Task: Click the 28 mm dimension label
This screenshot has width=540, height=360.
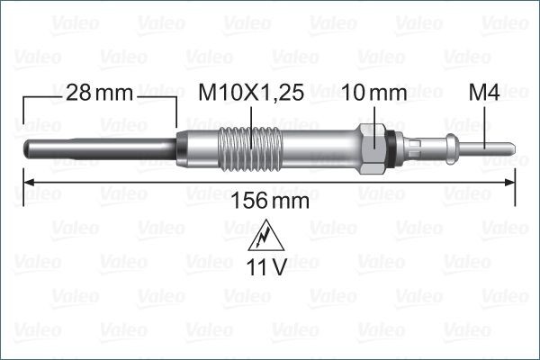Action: point(99,93)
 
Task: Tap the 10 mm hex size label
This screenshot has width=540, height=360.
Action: point(374,93)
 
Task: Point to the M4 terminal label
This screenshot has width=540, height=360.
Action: point(484,93)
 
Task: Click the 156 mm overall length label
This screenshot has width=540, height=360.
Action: point(270,201)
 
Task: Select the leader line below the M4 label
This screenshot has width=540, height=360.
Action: point(485,122)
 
